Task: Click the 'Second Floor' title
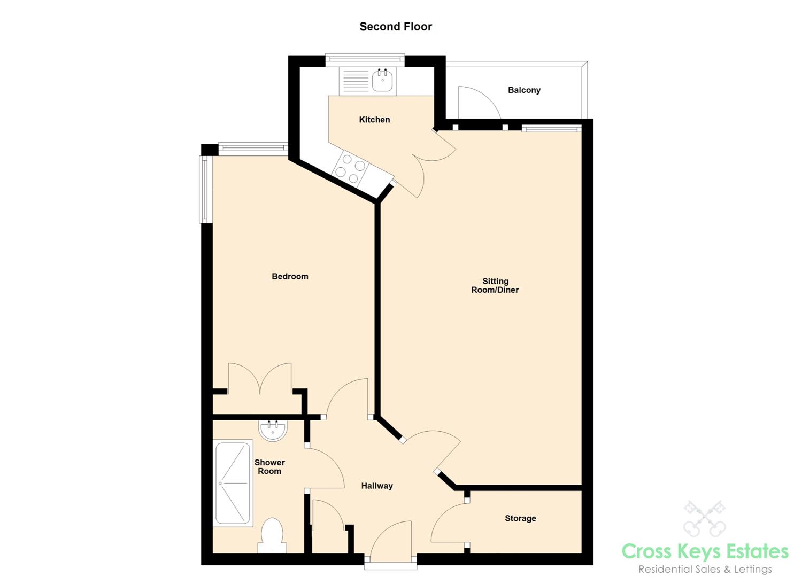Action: (x=395, y=27)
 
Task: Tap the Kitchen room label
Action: (x=374, y=120)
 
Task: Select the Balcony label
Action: (x=524, y=90)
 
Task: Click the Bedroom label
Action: (x=290, y=276)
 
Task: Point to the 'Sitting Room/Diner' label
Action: (x=495, y=285)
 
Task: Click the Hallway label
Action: (x=377, y=486)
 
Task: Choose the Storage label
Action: (x=520, y=518)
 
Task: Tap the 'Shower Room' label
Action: (x=269, y=466)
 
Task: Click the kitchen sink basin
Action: (x=383, y=81)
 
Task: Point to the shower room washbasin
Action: (x=273, y=430)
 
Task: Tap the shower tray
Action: (x=233, y=483)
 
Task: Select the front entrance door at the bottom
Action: (x=390, y=542)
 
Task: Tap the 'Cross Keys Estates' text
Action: (x=705, y=551)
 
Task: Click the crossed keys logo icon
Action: (x=704, y=518)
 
